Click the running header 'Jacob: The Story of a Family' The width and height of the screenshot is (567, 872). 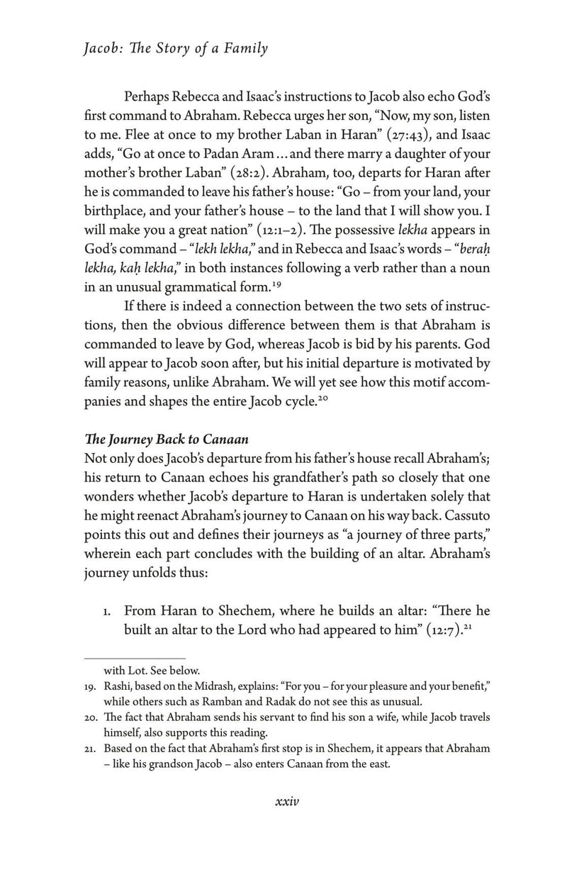(x=176, y=49)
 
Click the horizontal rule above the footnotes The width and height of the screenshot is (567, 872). (x=135, y=658)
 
